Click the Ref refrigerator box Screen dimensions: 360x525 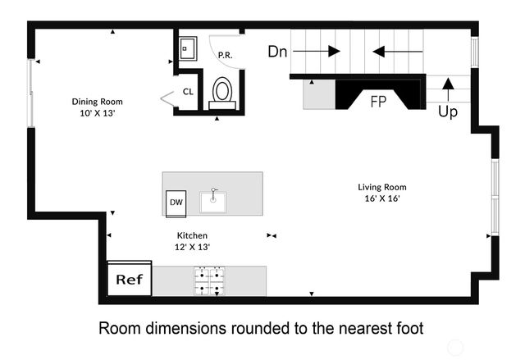129,280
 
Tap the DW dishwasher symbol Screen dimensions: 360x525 176,203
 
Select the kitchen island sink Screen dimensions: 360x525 216,197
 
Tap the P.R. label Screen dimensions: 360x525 224,55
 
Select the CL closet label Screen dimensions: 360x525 188,93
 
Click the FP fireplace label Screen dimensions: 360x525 379,102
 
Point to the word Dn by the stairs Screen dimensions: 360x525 278,51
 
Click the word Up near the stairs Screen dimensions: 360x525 448,112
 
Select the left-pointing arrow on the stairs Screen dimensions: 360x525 397,51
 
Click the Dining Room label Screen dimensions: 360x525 97,102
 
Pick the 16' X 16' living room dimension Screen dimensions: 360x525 381,198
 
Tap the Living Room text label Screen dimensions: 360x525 381,187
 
